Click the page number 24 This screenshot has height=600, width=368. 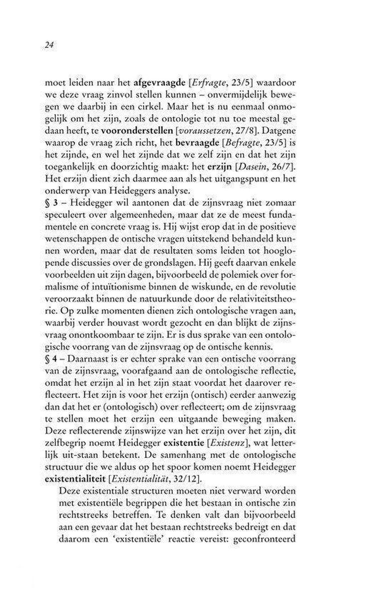point(48,45)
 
